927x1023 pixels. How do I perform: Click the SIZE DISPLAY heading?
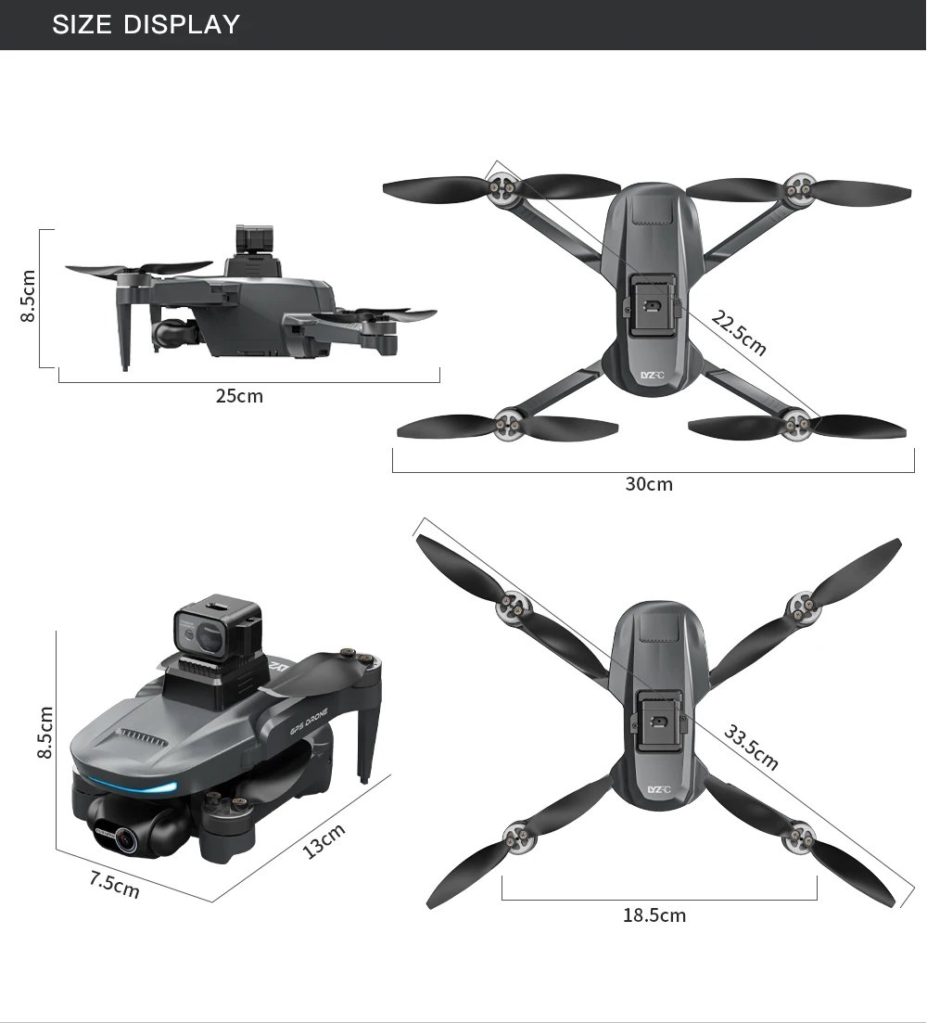[x=146, y=24]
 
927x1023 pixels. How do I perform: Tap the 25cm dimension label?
[x=239, y=397]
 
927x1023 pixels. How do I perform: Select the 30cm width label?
[x=649, y=484]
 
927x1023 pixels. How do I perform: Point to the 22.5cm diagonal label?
[x=739, y=333]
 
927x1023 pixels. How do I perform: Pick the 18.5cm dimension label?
[x=654, y=915]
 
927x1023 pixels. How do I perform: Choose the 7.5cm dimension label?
[x=114, y=885]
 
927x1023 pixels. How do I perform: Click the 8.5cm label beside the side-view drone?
[x=28, y=296]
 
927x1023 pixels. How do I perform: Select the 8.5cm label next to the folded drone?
[x=44, y=732]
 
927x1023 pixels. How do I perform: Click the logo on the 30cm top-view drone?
[x=653, y=376]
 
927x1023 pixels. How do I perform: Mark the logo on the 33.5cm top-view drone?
[x=657, y=789]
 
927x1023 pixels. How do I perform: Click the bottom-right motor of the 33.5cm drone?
[x=797, y=839]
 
